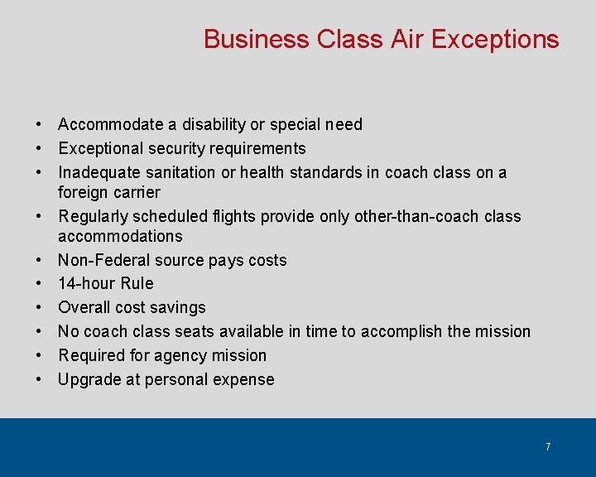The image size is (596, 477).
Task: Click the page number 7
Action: click(548, 447)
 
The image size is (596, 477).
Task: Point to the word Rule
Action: click(137, 283)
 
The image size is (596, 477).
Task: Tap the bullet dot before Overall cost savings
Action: click(39, 307)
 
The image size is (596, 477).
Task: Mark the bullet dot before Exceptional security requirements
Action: click(39, 148)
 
